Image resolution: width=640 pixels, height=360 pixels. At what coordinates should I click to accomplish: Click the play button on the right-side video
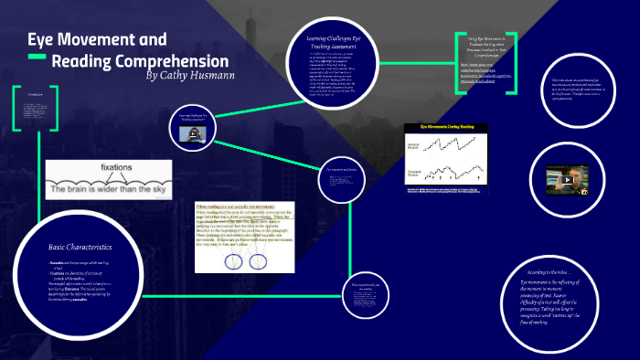(568, 180)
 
